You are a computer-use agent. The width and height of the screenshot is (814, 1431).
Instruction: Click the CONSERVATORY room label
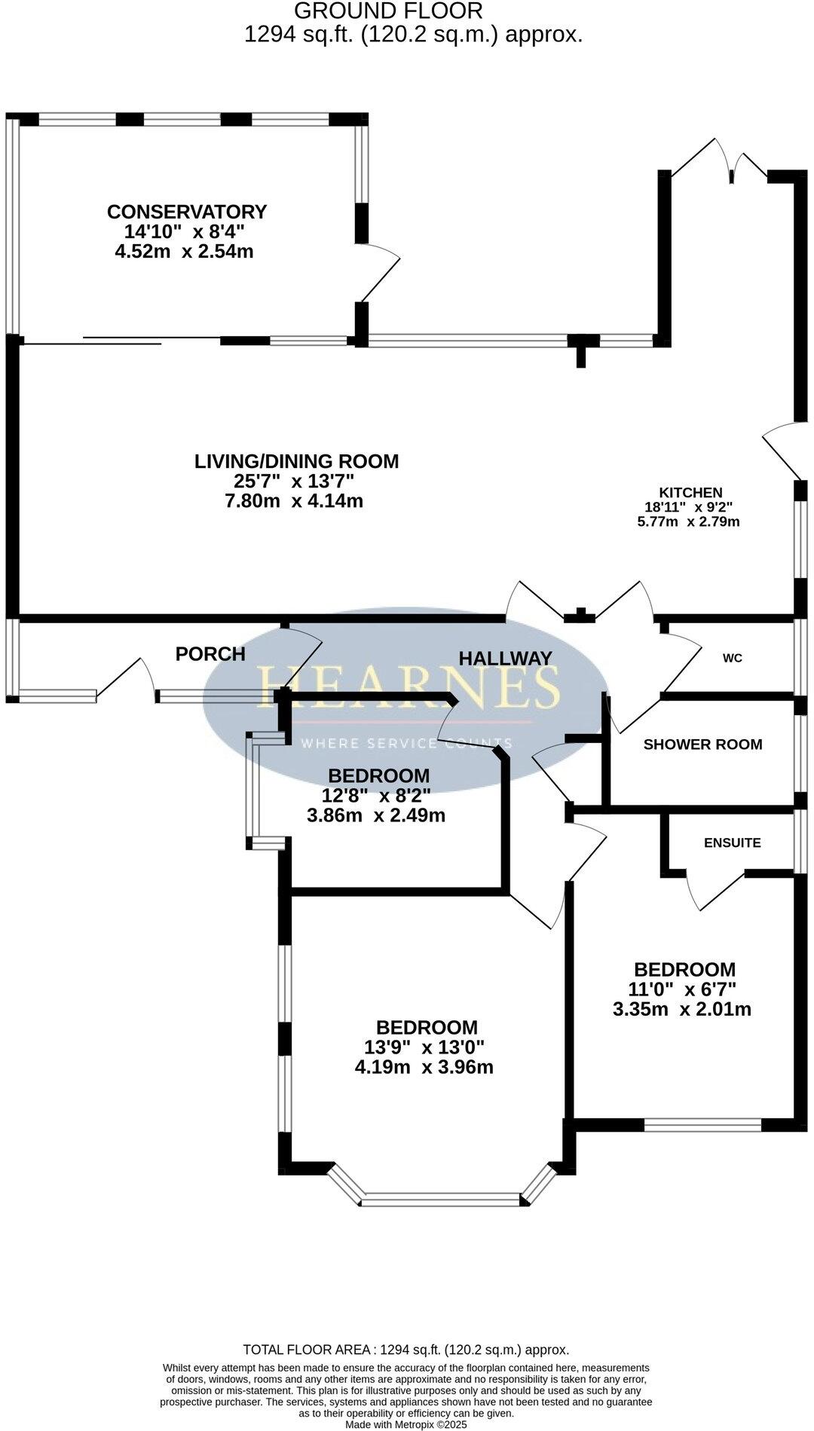(x=186, y=212)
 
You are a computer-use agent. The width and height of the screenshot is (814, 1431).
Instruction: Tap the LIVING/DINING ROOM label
(x=296, y=461)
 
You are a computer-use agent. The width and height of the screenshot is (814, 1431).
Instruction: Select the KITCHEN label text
(x=690, y=493)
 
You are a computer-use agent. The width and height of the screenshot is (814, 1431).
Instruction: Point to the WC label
(x=732, y=658)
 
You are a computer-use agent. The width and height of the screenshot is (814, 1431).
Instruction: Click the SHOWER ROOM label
(x=702, y=745)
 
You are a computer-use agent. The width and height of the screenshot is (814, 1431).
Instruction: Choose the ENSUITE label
(x=732, y=842)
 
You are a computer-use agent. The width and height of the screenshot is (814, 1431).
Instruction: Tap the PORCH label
(x=210, y=654)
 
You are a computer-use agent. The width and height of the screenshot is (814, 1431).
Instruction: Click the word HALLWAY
(x=506, y=658)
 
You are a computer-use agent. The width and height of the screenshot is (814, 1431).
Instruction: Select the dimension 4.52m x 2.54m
(x=184, y=252)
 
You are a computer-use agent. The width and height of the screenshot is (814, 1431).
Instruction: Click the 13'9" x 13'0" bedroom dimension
(x=424, y=1047)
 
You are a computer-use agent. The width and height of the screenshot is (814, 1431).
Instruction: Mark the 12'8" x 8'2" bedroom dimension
(x=377, y=795)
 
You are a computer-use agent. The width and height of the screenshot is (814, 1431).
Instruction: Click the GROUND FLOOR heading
(x=387, y=11)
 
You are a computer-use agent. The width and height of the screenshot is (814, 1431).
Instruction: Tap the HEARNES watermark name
(x=409, y=687)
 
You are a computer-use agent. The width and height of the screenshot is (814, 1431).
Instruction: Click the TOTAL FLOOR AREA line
(x=405, y=1350)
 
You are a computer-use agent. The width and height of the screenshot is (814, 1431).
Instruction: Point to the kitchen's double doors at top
(x=720, y=161)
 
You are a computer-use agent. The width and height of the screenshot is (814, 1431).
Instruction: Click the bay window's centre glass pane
(x=441, y=1199)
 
